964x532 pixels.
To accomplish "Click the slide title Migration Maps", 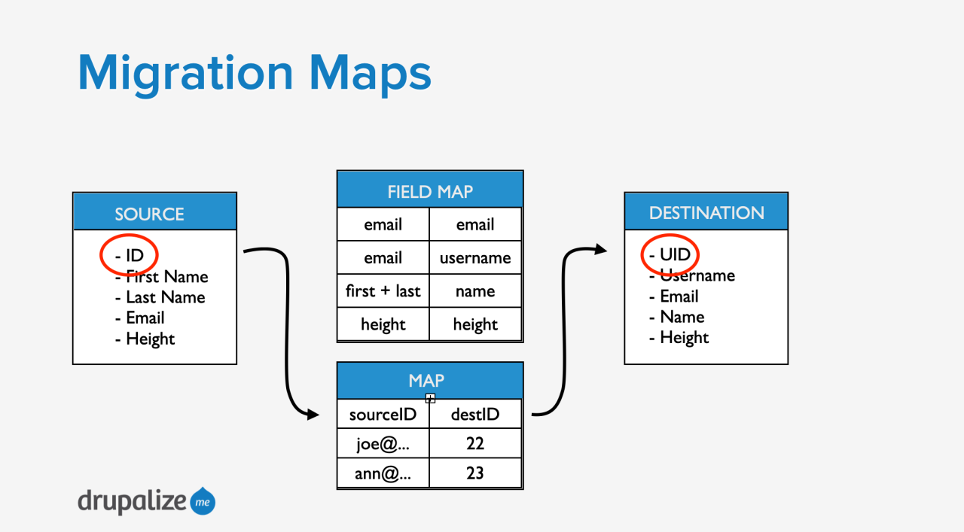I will [x=255, y=73].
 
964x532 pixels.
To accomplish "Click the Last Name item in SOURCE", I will [x=160, y=297].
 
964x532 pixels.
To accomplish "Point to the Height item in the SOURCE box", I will [x=145, y=339].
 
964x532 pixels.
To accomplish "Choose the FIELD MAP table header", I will [x=429, y=190].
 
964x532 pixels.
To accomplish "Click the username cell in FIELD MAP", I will [x=475, y=258].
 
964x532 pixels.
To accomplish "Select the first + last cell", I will [x=383, y=291].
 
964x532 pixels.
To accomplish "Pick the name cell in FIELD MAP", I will [x=475, y=291].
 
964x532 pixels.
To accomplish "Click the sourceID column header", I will [x=383, y=414].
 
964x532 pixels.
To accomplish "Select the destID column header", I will [x=475, y=414].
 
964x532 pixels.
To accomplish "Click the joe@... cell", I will [x=383, y=444].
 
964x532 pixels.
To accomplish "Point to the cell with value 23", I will [x=475, y=474].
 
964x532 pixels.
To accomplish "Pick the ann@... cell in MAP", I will [x=383, y=474].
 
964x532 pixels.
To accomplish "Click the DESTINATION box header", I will [x=706, y=212].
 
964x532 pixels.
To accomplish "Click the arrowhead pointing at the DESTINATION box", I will [x=600, y=249].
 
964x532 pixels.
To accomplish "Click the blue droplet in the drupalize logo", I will [x=203, y=501].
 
